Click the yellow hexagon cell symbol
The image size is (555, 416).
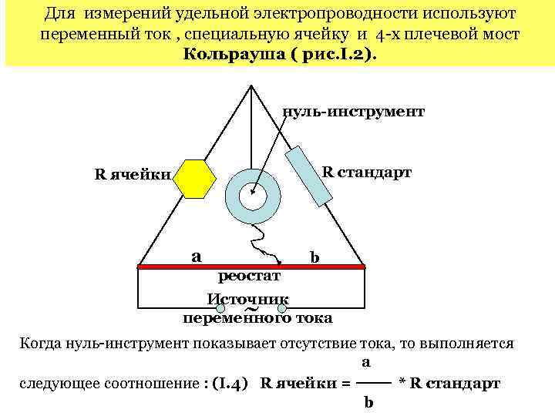pos(194,179)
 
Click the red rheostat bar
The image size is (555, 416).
pos(251,267)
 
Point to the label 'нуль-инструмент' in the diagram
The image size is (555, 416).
pos(353,112)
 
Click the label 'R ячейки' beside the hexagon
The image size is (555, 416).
pos(132,173)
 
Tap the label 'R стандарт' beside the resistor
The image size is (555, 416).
pos(366,172)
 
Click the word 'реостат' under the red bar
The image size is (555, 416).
pos(250,276)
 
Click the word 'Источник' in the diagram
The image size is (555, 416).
pos(247,299)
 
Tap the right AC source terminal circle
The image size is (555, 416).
pos(282,310)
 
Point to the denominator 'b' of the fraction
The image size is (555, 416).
pos(368,402)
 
